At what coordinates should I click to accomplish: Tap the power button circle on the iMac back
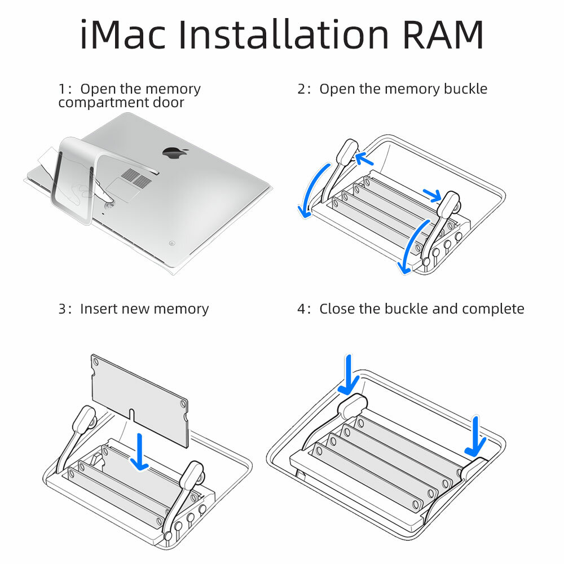[171, 244]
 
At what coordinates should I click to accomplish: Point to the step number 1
[61, 89]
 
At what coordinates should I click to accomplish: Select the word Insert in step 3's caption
[99, 309]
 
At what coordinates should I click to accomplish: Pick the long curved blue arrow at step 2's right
[412, 245]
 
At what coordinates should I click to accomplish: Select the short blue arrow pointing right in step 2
[432, 195]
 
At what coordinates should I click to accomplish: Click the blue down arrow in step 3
[139, 451]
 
